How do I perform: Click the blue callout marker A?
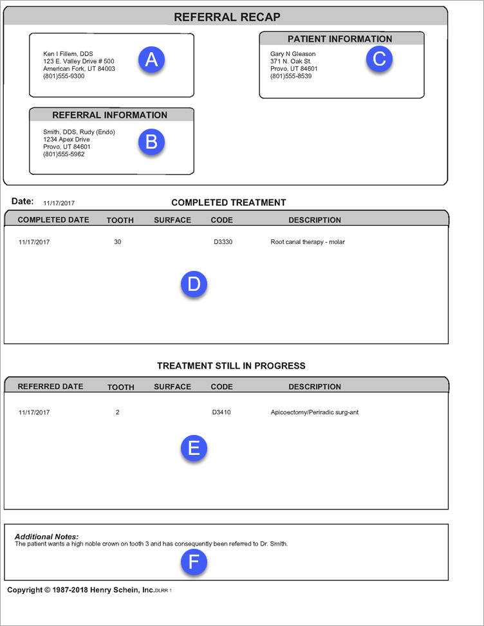(x=151, y=60)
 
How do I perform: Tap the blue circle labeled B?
(x=151, y=142)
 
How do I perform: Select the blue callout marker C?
(x=379, y=59)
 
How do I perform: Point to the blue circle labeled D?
(x=194, y=284)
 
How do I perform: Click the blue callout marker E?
(x=194, y=448)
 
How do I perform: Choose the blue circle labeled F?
(x=194, y=563)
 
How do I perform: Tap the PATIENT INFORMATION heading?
(x=340, y=39)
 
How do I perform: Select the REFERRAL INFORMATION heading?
(x=109, y=115)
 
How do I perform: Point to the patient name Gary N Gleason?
(x=293, y=54)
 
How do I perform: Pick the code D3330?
(x=221, y=243)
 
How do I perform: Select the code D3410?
(x=221, y=412)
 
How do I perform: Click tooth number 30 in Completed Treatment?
(x=117, y=243)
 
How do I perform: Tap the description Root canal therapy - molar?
(x=308, y=243)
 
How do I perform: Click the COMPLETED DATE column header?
(x=53, y=220)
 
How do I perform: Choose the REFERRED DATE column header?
(x=50, y=387)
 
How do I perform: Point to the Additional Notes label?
(x=46, y=537)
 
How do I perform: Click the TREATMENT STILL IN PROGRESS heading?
(x=231, y=366)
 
